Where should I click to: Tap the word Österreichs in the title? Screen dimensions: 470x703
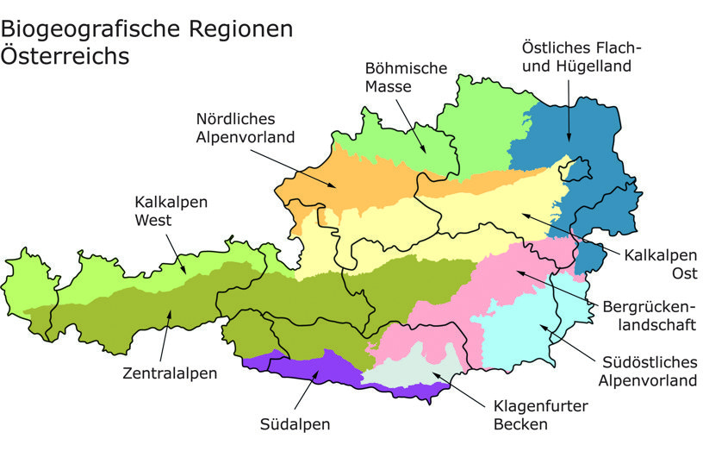[65, 57]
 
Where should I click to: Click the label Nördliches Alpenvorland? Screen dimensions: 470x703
[246, 128]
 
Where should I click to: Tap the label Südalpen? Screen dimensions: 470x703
[295, 424]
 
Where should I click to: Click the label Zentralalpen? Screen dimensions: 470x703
[170, 373]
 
